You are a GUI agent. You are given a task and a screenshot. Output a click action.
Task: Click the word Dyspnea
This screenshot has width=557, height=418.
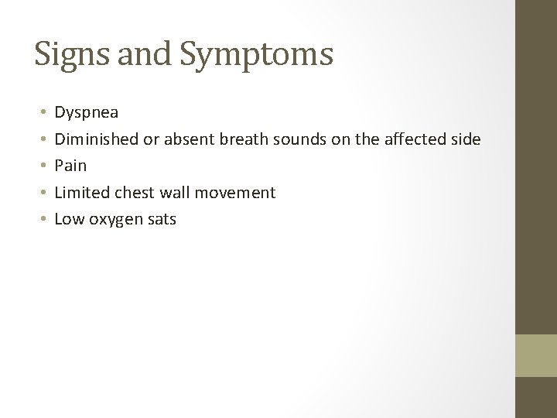tap(87, 112)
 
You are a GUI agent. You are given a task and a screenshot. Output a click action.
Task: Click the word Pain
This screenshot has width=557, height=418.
tap(71, 166)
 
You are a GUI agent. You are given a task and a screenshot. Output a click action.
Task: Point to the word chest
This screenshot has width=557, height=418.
tap(135, 192)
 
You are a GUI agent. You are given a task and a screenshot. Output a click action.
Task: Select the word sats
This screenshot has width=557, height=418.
tap(161, 219)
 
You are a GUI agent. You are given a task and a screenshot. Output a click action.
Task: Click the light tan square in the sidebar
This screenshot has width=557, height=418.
tap(536, 355)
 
